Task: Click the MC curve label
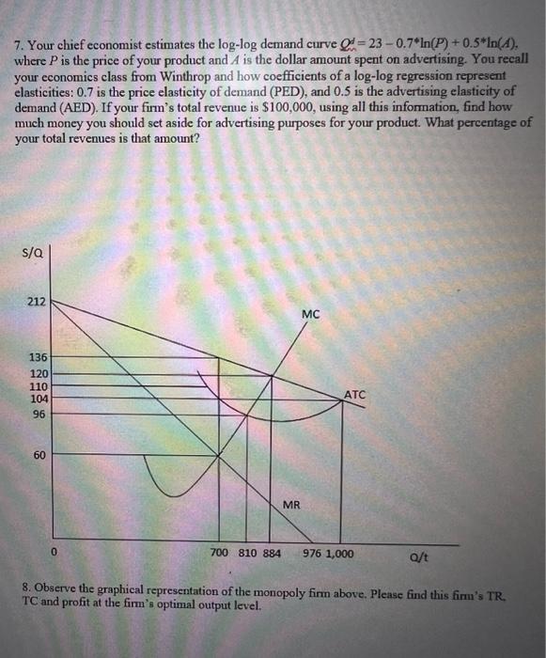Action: point(310,314)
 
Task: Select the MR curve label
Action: point(291,506)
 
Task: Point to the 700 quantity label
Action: point(220,553)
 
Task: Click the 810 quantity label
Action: point(246,553)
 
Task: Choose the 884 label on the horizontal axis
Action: point(272,553)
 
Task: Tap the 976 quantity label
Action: point(312,553)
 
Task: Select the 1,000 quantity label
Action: point(340,553)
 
